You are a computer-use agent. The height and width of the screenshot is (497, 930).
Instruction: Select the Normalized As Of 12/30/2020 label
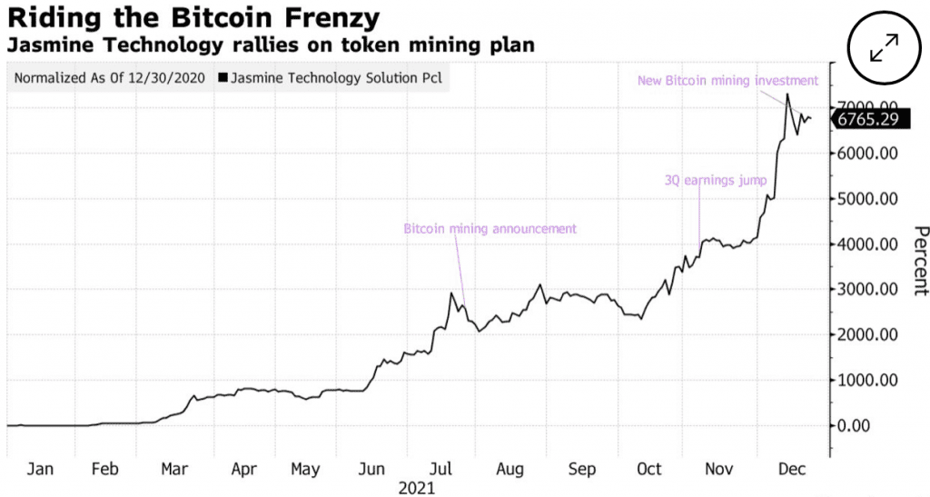click(110, 77)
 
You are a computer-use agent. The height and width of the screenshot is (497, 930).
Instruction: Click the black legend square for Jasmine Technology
click(223, 77)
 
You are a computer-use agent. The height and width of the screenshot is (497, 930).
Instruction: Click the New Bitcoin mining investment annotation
click(727, 81)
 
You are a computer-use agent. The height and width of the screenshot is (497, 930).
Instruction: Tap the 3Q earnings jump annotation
click(716, 180)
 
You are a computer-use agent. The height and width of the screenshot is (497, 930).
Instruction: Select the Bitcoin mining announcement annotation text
click(490, 228)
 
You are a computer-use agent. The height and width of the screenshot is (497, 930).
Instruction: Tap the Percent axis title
click(920, 260)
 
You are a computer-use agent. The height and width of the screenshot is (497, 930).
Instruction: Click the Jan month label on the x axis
click(39, 469)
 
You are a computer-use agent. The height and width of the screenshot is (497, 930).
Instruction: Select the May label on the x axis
click(305, 469)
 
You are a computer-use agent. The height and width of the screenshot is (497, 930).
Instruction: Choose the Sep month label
click(581, 469)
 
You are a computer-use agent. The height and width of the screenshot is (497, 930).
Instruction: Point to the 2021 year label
click(418, 488)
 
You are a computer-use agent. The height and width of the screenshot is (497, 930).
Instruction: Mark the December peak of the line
click(787, 94)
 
